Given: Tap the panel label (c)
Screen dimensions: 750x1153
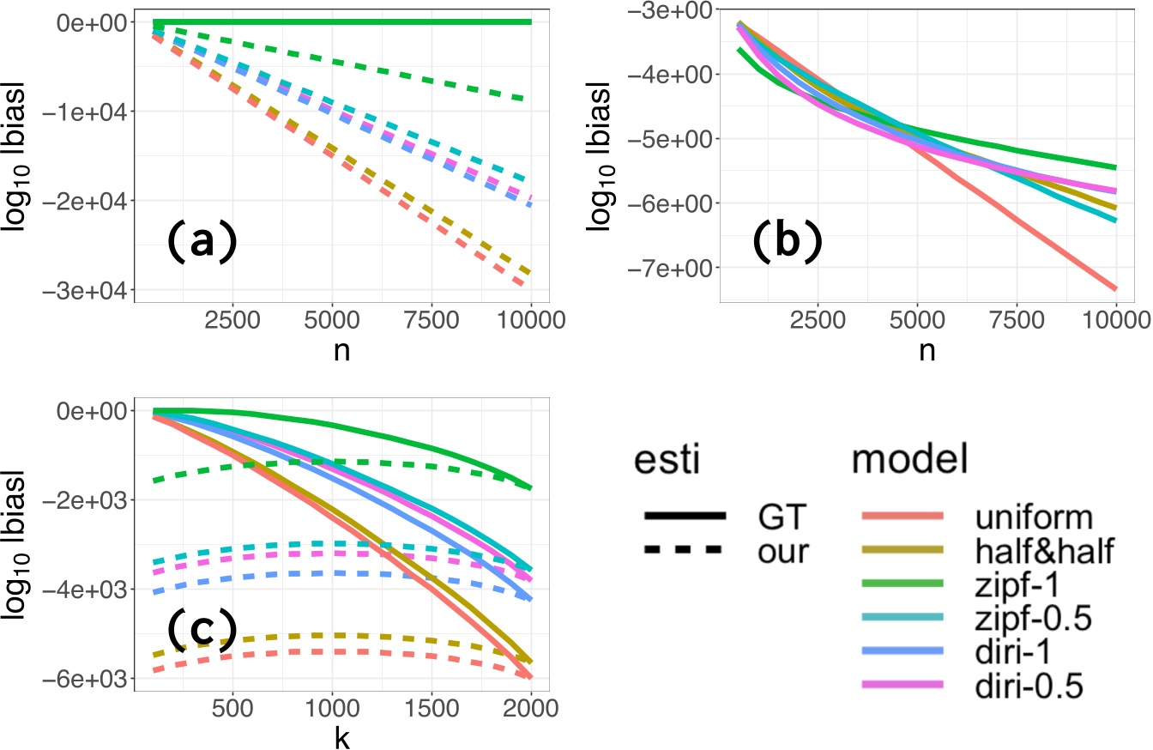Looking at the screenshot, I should [201, 632].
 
